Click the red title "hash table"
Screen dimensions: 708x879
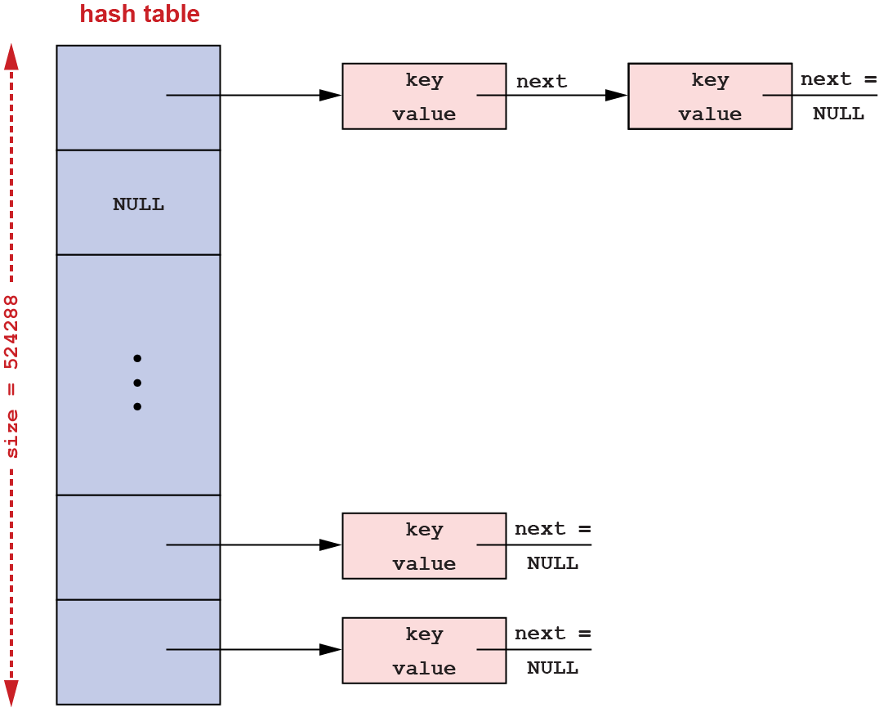pos(140,15)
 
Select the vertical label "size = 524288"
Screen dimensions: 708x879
pos(12,375)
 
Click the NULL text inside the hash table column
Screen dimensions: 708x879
pos(138,205)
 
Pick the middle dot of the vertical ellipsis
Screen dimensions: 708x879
pos(137,383)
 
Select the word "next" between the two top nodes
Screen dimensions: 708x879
pos(541,82)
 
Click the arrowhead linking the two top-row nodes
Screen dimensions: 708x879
pos(616,96)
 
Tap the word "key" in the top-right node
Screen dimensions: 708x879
pos(709,80)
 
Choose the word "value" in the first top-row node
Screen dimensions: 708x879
pos(424,114)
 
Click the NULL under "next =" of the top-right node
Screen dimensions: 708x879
pos(838,114)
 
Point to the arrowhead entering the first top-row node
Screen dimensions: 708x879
pos(330,96)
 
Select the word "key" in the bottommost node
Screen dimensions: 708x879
pos(424,634)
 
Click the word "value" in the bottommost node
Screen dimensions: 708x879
pos(424,669)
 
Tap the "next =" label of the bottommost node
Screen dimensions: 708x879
pos(552,634)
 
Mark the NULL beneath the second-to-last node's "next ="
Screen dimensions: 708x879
pos(552,563)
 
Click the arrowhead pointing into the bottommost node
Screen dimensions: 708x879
pos(330,650)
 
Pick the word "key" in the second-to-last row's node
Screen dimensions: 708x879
pos(424,530)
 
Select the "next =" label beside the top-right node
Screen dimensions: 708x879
pos(838,79)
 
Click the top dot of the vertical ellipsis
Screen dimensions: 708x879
pos(137,358)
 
